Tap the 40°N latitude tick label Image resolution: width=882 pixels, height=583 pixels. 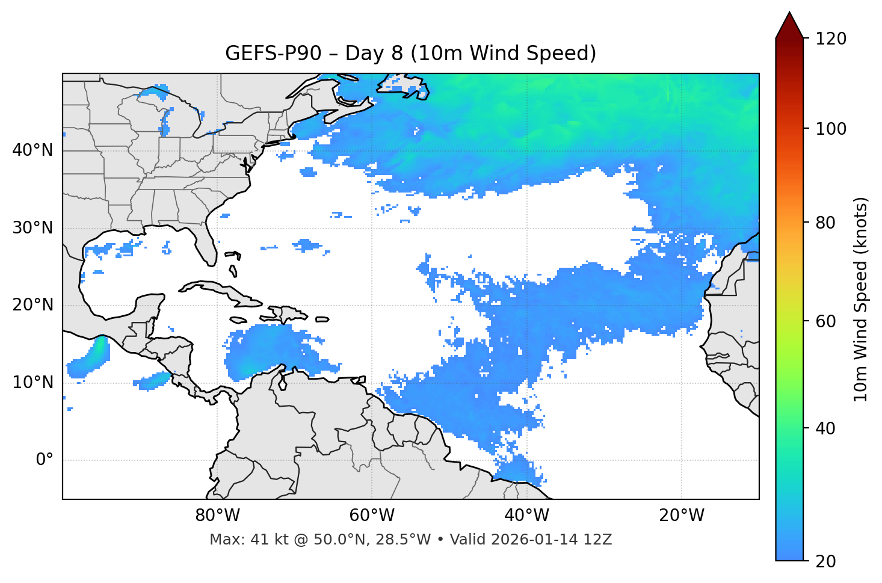click(x=32, y=150)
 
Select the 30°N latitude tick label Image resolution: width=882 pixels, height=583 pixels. click(x=32, y=228)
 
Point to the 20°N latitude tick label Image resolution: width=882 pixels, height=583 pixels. click(x=32, y=305)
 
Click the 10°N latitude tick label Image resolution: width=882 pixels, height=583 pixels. click(x=32, y=383)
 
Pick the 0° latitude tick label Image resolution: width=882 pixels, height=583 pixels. click(x=44, y=460)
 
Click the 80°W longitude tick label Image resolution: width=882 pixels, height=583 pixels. click(x=217, y=516)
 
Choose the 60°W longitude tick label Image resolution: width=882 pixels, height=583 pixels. click(x=371, y=516)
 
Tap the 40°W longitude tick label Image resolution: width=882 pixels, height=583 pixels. click(x=526, y=516)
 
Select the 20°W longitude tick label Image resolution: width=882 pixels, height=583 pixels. click(x=681, y=516)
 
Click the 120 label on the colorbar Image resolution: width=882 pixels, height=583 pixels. click(x=830, y=39)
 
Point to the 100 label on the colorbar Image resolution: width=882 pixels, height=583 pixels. click(x=830, y=129)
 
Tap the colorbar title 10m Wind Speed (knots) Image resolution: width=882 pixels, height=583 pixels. click(x=861, y=299)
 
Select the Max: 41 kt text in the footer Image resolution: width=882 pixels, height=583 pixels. click(x=247, y=540)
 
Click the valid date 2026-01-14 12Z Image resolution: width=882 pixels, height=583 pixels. click(x=551, y=540)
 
